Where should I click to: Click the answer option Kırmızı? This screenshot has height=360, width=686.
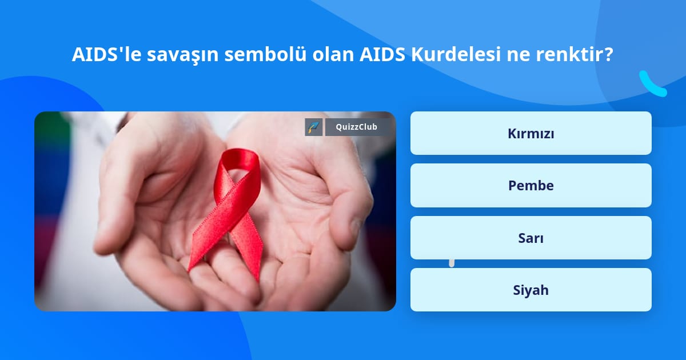coord(531,133)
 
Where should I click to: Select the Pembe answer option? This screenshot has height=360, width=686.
coord(531,186)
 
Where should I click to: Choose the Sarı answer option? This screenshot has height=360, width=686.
coord(531,238)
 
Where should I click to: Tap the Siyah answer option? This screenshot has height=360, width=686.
coord(531,290)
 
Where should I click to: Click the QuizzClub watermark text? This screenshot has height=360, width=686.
coord(356,127)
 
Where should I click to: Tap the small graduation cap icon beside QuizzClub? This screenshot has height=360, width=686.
coord(314,127)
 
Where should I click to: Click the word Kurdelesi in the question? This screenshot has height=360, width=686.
coord(456,54)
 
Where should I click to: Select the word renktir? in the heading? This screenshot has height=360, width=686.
coord(575,54)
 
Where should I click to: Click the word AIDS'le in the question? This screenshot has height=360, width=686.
coord(106,54)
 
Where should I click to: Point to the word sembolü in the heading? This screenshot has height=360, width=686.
coord(265,54)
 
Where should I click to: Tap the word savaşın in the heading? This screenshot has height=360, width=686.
coord(182,55)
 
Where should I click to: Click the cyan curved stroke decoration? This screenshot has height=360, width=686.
coord(651,85)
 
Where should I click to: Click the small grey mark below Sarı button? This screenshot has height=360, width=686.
coord(452,263)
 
